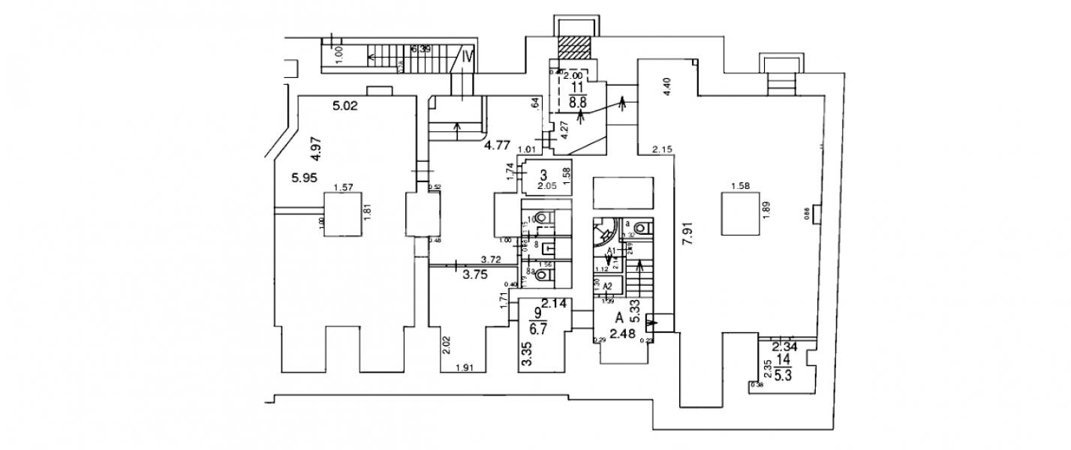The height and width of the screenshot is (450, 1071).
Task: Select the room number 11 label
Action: pos(576,87)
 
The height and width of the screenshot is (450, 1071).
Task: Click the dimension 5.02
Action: pos(344,106)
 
